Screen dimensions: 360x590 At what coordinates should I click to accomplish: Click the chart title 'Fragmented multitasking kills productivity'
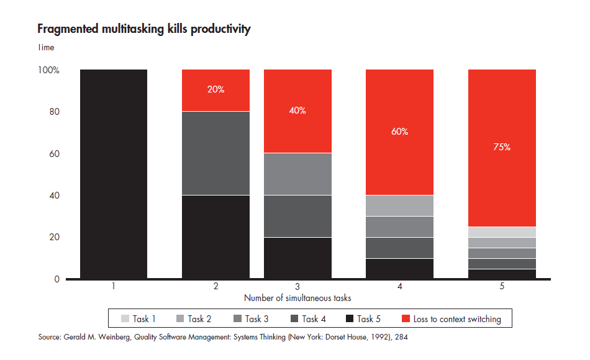143,29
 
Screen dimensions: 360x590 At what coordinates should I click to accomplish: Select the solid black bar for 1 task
114,174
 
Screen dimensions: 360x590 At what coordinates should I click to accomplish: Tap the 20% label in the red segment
216,89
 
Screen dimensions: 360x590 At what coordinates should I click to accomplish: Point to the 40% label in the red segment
297,110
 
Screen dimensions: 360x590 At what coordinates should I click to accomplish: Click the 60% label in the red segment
399,132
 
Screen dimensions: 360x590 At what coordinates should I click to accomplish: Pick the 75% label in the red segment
501,147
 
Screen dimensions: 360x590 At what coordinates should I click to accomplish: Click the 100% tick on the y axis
48,71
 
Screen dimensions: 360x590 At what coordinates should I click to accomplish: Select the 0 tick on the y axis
57,279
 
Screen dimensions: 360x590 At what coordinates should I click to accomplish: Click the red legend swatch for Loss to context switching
406,319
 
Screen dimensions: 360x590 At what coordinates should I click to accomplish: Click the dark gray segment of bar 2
216,153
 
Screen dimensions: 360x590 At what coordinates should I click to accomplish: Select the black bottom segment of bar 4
399,269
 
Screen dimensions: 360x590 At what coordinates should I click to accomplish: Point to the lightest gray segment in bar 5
501,232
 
